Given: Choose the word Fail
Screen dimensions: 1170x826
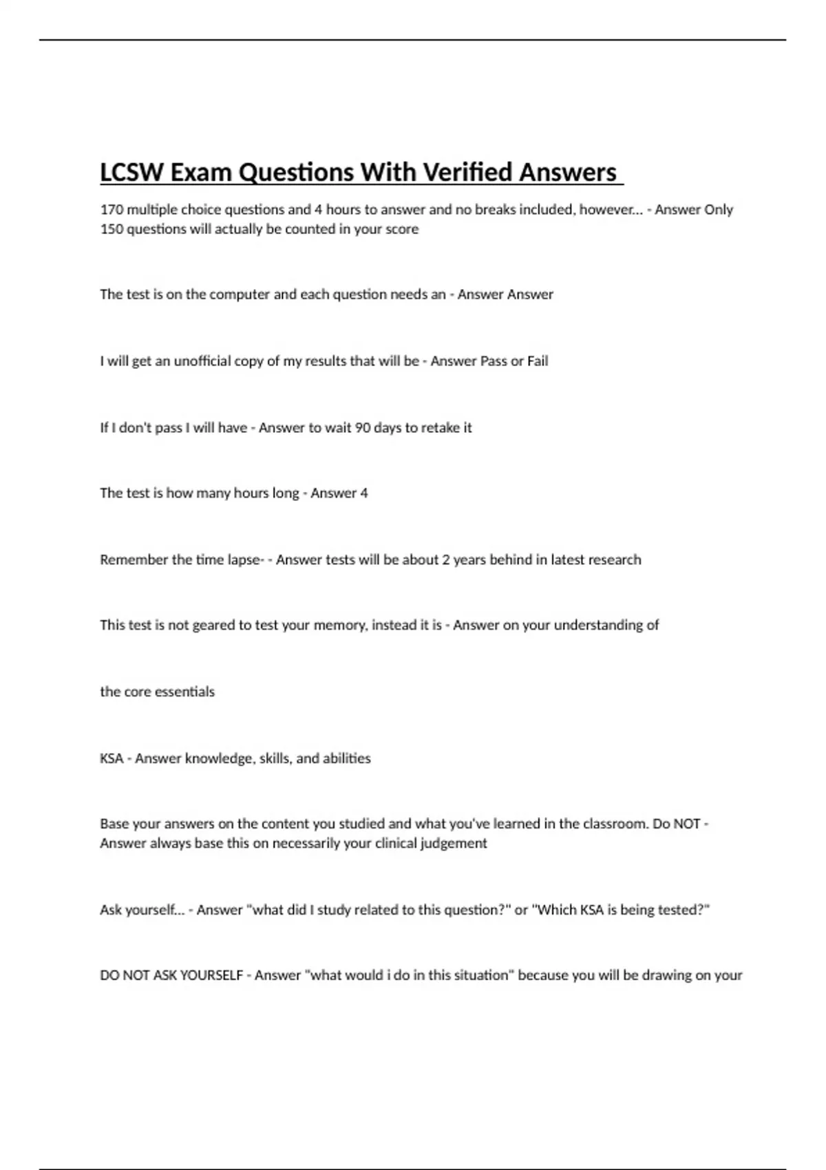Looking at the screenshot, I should pos(538,361).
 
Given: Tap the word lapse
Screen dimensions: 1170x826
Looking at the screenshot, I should pos(245,560).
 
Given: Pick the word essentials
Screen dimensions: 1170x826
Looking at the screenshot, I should pos(185,692).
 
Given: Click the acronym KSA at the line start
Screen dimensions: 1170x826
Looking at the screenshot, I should pos(112,758).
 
